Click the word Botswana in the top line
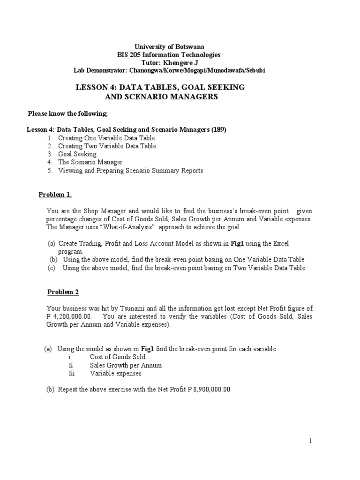point(189,46)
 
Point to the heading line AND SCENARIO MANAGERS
point(160,97)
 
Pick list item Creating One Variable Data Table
point(106,138)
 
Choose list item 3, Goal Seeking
point(77,154)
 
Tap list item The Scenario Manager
point(90,162)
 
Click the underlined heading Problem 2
point(63,292)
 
